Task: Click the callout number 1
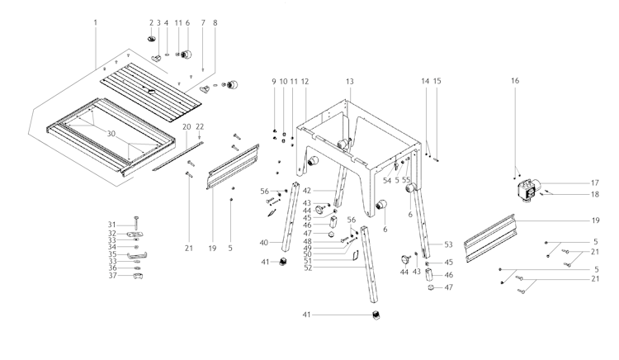95,22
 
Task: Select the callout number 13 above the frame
350,81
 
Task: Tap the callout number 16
515,81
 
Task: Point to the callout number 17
595,182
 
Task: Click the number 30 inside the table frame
111,134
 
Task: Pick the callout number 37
113,275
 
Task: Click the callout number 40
264,243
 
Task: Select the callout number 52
308,268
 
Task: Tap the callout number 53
448,244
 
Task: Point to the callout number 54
387,180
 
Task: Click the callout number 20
187,126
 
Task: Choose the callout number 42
307,191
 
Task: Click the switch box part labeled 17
528,190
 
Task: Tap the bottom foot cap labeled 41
376,315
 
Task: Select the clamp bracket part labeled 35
138,255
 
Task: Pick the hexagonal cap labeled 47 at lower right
431,287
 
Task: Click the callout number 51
308,261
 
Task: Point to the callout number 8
215,23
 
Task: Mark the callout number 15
437,81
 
